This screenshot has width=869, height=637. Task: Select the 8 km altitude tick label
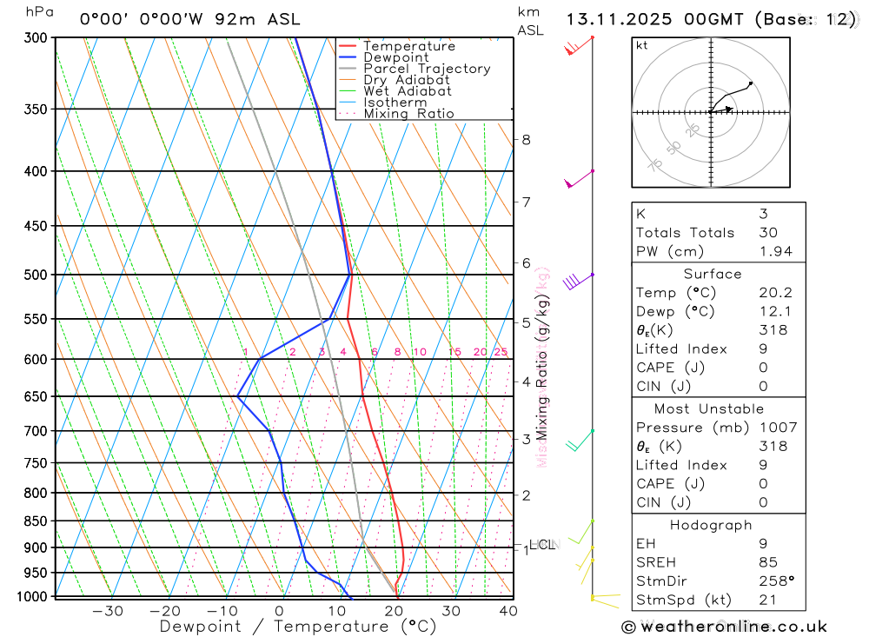[x=526, y=139]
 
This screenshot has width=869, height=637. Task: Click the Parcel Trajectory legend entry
[x=426, y=69]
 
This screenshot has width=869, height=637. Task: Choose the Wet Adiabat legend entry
[x=407, y=91]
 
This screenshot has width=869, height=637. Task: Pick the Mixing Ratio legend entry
[x=408, y=114]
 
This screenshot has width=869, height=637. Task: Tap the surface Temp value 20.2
[x=773, y=293]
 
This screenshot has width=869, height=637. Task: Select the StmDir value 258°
[x=773, y=581]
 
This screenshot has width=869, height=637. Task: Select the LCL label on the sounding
[x=541, y=545]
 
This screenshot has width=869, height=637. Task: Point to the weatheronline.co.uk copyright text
[x=724, y=627]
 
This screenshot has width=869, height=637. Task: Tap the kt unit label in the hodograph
[x=641, y=45]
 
